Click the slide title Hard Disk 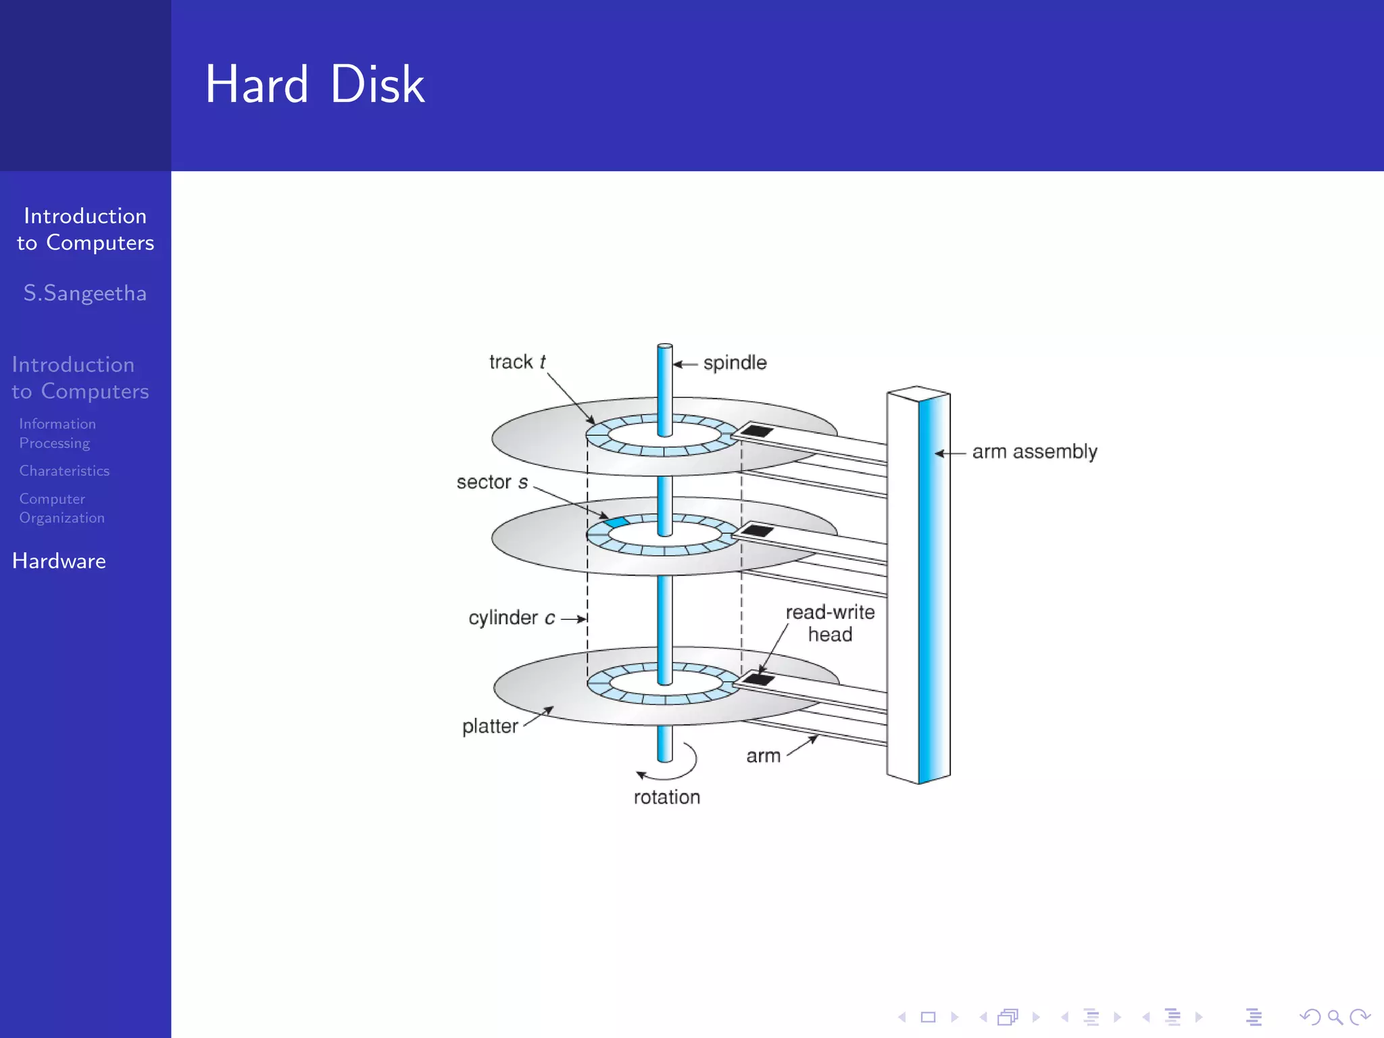[x=315, y=84]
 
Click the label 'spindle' [x=735, y=363]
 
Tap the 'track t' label [x=517, y=362]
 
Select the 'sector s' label [x=491, y=483]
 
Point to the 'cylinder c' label [x=512, y=618]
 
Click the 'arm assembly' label [x=1034, y=451]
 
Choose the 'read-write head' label [x=830, y=623]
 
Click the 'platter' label [x=490, y=726]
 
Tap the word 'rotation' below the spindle [x=666, y=797]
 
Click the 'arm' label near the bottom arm [x=763, y=756]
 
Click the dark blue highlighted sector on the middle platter [x=616, y=522]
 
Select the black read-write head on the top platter [x=756, y=430]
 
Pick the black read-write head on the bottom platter [x=758, y=678]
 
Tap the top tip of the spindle [x=665, y=347]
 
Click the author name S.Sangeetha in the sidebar [x=85, y=293]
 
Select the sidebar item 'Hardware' [x=59, y=561]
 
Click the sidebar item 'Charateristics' [x=64, y=471]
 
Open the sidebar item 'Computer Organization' [x=61, y=508]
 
